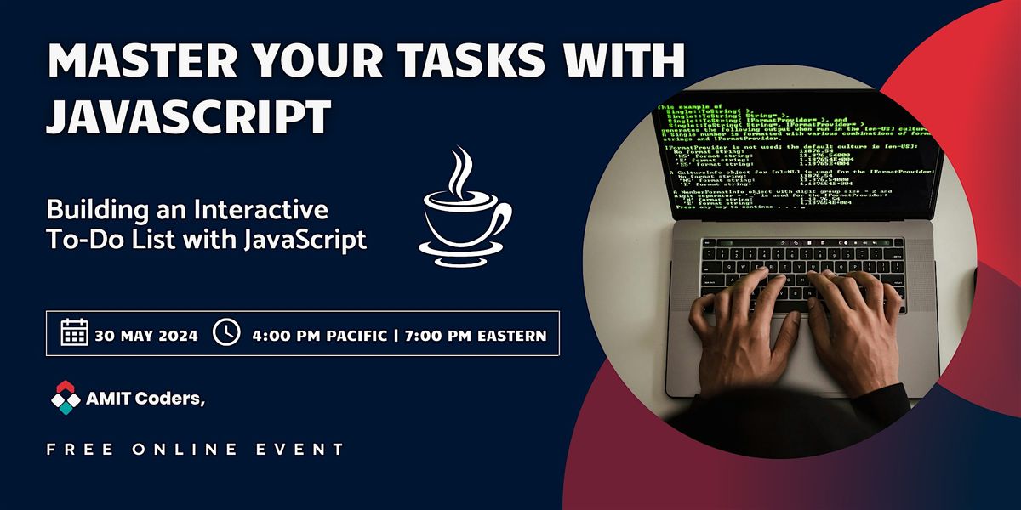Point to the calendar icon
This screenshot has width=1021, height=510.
click(74, 333)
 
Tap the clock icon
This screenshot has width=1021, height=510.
click(225, 333)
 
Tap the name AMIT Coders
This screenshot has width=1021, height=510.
click(145, 397)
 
